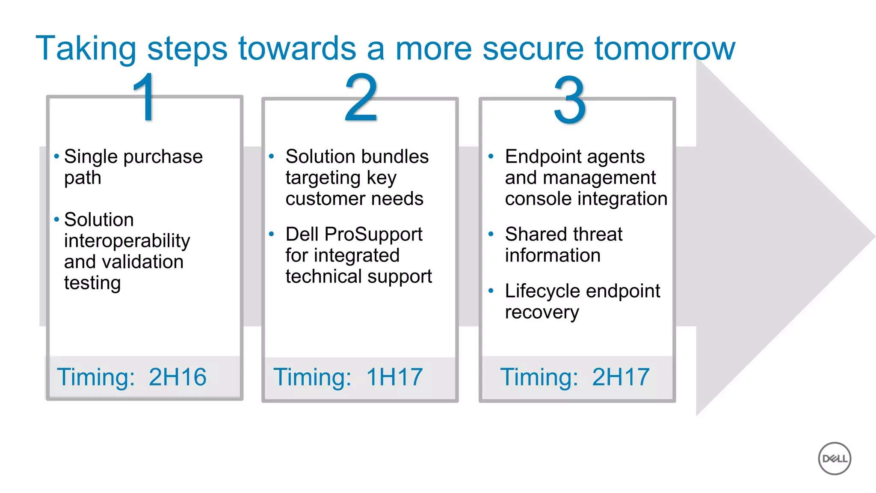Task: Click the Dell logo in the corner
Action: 835,458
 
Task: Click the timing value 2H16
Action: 178,377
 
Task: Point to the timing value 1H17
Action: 394,377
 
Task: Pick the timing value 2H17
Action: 621,377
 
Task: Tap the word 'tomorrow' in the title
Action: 665,49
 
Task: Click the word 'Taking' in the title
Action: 86,49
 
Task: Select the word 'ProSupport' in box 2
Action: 373,235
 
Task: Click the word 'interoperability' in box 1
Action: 127,241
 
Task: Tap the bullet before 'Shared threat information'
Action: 491,234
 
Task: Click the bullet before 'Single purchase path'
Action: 56,156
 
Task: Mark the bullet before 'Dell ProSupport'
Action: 271,234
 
